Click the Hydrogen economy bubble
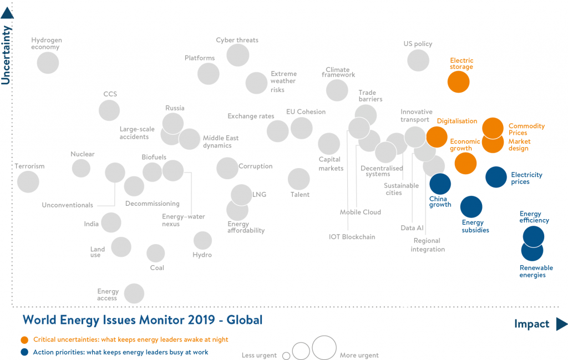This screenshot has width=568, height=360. click(48, 63)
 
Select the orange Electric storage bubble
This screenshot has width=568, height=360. click(459, 82)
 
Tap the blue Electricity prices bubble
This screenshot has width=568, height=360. click(496, 178)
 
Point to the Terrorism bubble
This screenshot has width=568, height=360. click(28, 181)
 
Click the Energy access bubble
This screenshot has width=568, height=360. click(134, 293)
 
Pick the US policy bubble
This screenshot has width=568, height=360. click(418, 60)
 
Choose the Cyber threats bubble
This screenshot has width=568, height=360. click(238, 54)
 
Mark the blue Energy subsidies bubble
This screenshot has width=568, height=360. click(471, 207)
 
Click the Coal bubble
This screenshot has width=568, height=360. click(156, 253)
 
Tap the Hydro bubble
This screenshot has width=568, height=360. click(202, 241)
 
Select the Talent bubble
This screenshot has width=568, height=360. click(299, 179)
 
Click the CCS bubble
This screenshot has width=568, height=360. click(109, 110)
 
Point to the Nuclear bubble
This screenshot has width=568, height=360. click(82, 168)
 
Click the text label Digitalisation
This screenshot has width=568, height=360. click(457, 121)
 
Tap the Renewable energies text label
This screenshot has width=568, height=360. click(536, 271)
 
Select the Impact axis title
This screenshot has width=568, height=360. click(531, 324)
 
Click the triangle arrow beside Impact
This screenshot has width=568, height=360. click(561, 324)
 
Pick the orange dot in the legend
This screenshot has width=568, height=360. click(24, 340)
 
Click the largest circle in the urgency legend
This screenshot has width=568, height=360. click(324, 348)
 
